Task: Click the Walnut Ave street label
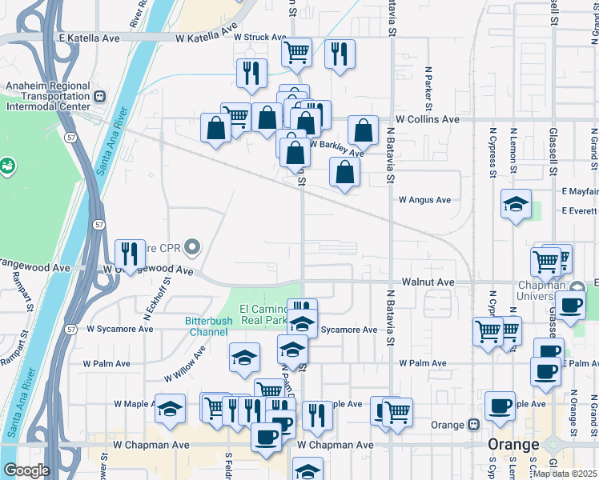(x=428, y=282)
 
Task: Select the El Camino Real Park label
(x=263, y=314)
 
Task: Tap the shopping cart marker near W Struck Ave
(x=296, y=53)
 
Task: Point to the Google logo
(x=26, y=470)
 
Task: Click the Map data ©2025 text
(x=565, y=474)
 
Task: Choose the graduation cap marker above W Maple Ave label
(x=170, y=408)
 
